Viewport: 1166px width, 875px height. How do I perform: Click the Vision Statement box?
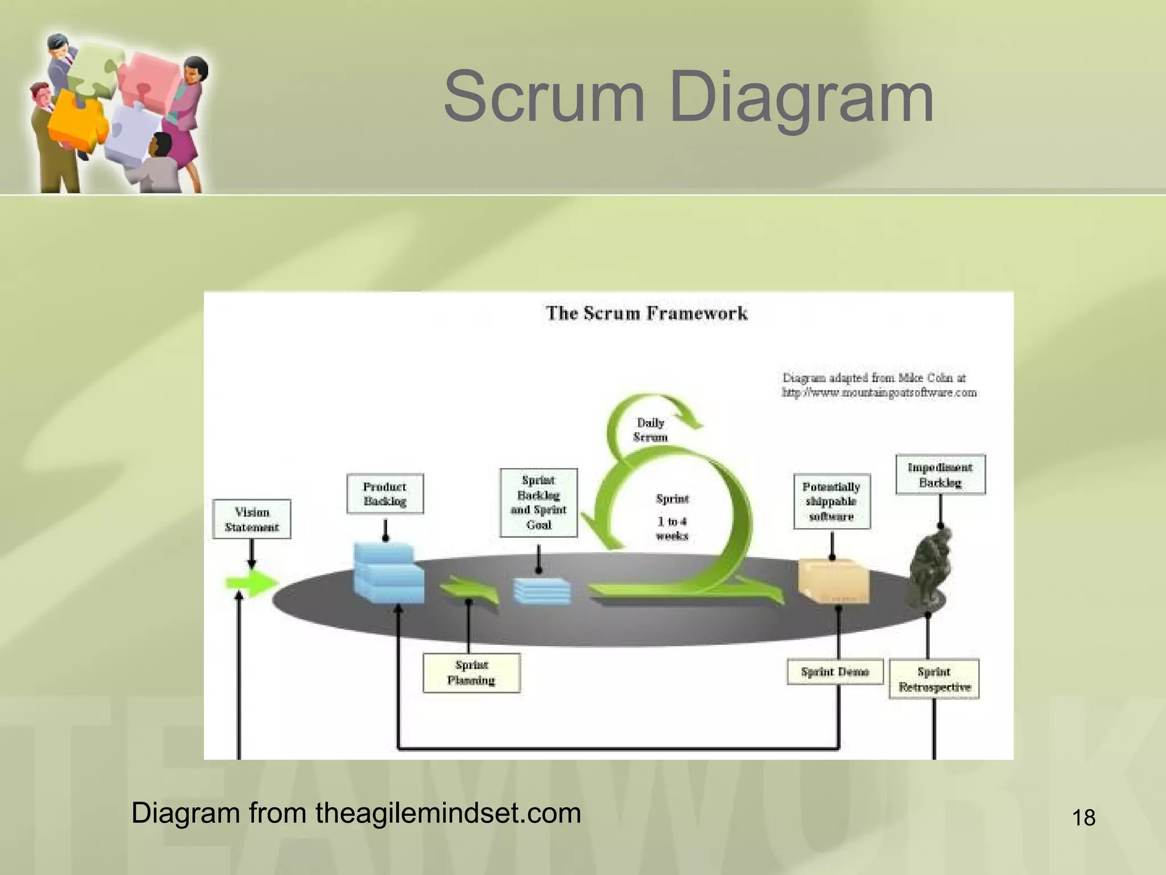(252, 519)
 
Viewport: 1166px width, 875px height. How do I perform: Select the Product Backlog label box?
(385, 494)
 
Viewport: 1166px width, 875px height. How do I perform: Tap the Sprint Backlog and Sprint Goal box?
(539, 502)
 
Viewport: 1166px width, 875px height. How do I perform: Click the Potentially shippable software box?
(832, 501)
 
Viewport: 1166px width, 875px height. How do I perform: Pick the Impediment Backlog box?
(940, 475)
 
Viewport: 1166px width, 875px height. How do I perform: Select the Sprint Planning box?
(471, 673)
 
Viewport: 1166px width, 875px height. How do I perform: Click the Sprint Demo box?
(835, 672)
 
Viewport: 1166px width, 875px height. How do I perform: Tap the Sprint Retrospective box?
(934, 679)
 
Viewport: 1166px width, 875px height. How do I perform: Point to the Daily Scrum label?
(650, 430)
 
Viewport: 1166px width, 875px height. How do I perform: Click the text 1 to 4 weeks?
(672, 528)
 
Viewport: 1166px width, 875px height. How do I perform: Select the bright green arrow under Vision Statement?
(251, 583)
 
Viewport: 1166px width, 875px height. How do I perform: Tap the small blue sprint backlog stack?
(541, 591)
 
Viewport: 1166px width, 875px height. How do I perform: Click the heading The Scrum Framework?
(646, 313)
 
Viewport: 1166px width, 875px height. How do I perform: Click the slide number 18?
(1083, 818)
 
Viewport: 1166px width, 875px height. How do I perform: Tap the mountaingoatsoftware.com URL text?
(879, 392)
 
